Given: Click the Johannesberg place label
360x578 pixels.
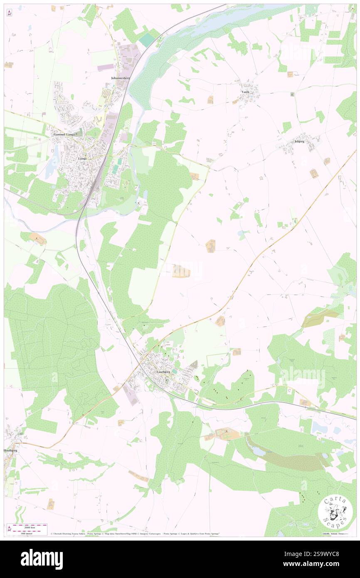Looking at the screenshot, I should pos(121,78).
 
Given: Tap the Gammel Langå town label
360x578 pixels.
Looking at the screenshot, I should pos(64,135).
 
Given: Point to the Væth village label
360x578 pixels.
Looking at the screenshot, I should pos(246,91).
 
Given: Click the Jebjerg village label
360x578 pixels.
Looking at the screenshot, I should pos(299,141).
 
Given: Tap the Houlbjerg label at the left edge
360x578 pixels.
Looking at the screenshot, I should pos(10,450).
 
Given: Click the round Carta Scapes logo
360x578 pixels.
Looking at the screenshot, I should pos(335,512).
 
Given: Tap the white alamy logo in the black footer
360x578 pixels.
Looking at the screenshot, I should pos(42,559).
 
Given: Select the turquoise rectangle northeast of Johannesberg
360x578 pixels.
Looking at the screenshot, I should pos(146,40).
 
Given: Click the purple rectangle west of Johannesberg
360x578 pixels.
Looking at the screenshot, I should pos(105,67).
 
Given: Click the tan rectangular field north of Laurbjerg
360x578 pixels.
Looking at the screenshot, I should pos(181,272).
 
